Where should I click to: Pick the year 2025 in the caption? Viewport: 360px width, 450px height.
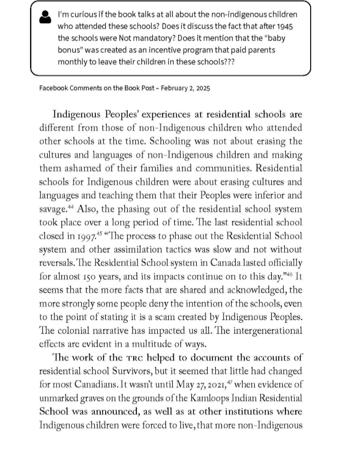pos(201,88)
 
